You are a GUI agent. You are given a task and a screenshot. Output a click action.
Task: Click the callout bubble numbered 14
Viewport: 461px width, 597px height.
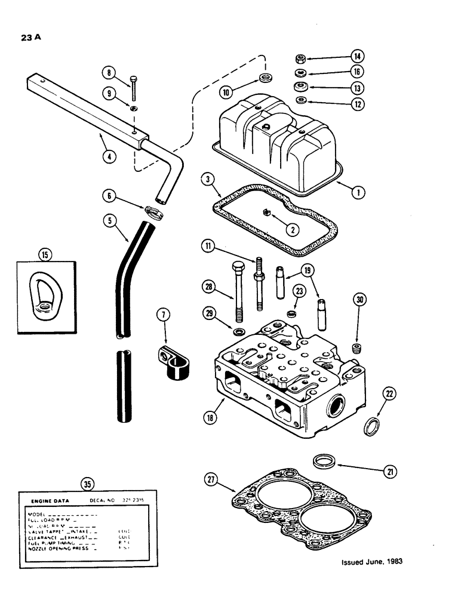coord(357,57)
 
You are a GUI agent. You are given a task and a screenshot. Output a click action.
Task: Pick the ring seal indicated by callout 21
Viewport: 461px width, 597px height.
coord(325,463)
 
